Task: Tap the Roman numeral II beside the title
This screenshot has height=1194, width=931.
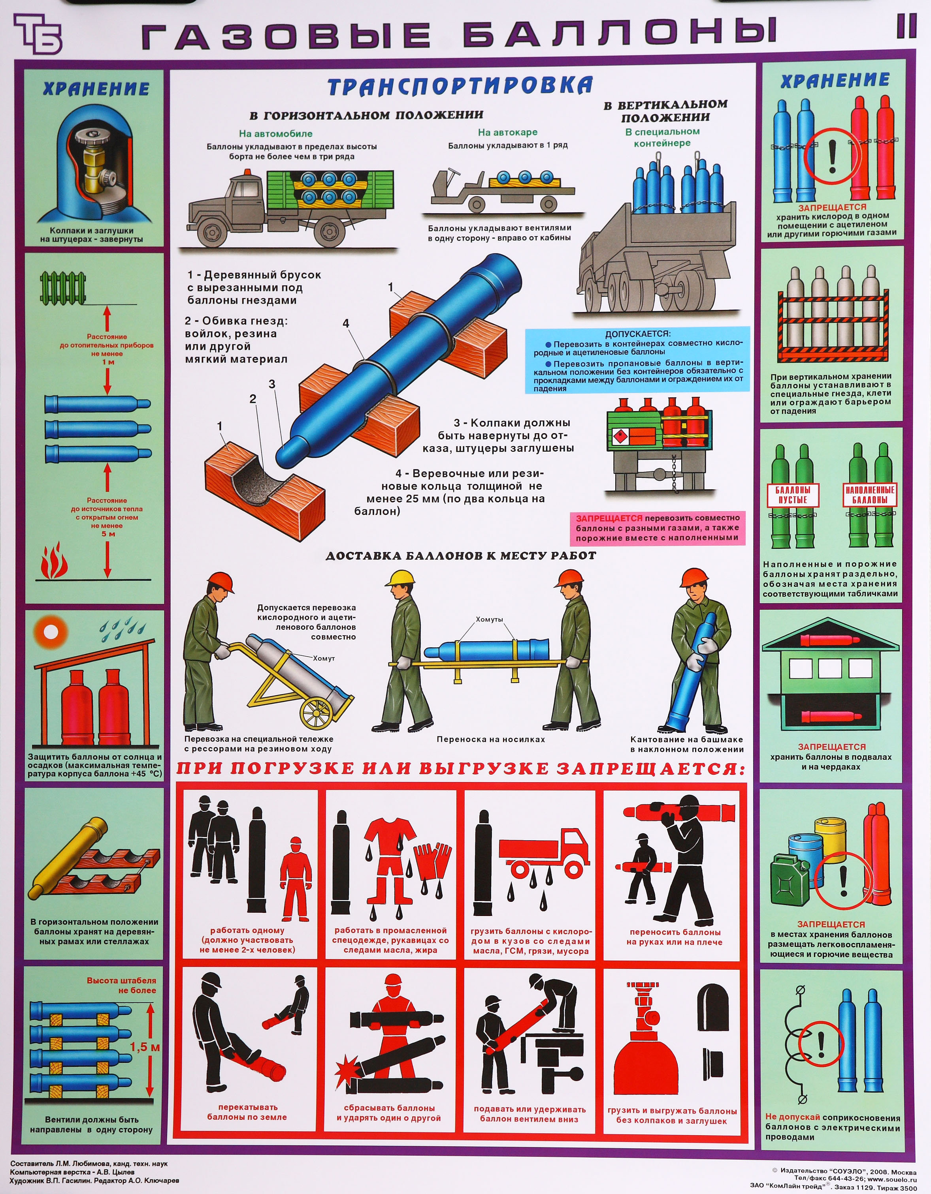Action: point(906,26)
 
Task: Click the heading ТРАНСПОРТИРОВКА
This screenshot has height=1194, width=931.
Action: point(460,86)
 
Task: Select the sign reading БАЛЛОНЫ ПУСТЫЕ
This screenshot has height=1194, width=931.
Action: point(792,495)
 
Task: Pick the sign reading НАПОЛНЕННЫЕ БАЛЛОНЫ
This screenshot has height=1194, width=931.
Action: point(869,494)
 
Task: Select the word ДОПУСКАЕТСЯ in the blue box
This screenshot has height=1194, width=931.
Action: point(637,334)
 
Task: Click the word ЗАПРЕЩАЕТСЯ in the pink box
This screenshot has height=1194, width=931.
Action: point(609,518)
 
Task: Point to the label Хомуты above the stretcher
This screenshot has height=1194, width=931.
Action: point(489,620)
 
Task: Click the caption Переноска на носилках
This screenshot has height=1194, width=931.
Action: point(491,739)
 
